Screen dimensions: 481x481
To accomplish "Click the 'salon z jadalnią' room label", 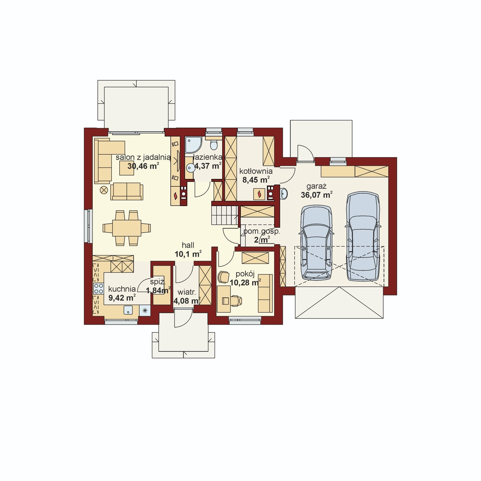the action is tap(143, 158).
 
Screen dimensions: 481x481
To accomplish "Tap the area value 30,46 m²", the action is tap(143, 166).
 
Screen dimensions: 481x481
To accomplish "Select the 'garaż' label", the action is tap(317, 186).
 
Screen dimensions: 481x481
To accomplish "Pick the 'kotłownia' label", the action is tap(256, 171).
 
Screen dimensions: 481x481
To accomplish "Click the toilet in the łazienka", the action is tap(214, 145).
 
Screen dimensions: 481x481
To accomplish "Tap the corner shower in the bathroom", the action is tap(193, 145).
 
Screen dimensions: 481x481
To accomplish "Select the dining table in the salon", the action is tap(127, 228).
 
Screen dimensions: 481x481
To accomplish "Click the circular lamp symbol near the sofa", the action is tap(104, 190).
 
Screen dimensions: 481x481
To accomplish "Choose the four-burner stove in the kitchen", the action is tap(98, 289).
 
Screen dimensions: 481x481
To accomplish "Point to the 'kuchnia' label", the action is tap(122, 289).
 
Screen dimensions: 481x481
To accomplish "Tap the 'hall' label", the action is tap(188, 245).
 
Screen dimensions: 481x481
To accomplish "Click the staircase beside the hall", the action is tap(225, 215).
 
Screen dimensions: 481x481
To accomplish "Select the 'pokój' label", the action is tap(245, 274).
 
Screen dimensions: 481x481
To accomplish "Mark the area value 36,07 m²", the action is tap(317, 195).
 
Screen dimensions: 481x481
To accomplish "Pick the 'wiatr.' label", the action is tap(187, 292).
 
